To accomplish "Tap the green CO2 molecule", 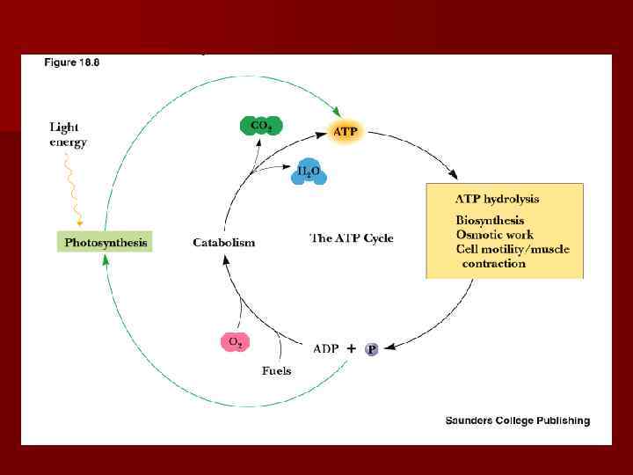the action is click(x=261, y=126).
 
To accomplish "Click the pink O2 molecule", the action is click(x=235, y=341).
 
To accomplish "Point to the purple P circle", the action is click(x=372, y=349).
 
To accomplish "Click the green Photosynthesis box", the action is click(x=105, y=242).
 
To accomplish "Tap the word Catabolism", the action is click(x=224, y=243).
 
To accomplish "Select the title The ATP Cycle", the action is click(x=352, y=238).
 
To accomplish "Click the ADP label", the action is click(x=326, y=349).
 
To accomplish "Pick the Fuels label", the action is click(x=276, y=370).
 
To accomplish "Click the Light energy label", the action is click(x=68, y=135).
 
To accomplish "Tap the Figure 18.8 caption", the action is click(x=72, y=62).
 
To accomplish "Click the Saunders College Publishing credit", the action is click(x=517, y=420).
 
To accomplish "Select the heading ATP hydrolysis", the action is click(x=497, y=200).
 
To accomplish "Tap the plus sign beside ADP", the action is click(x=351, y=348).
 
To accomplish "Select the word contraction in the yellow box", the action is click(x=495, y=263).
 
